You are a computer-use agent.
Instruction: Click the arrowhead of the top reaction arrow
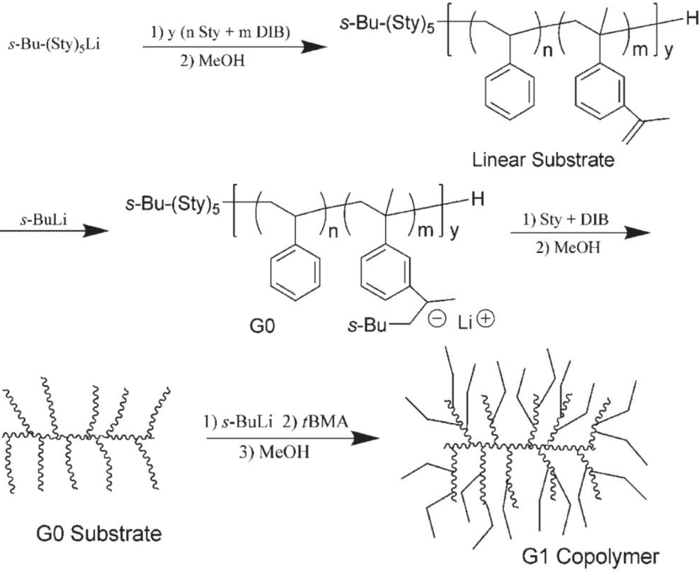point(312,46)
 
